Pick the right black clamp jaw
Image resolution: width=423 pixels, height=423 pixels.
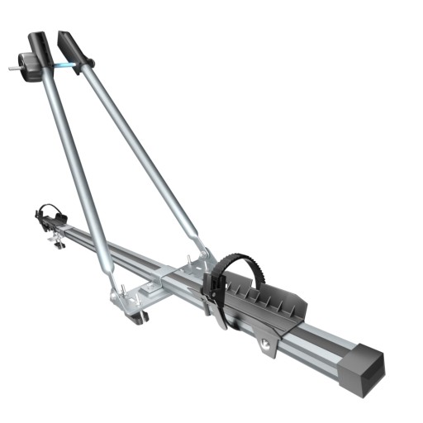(72, 48)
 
